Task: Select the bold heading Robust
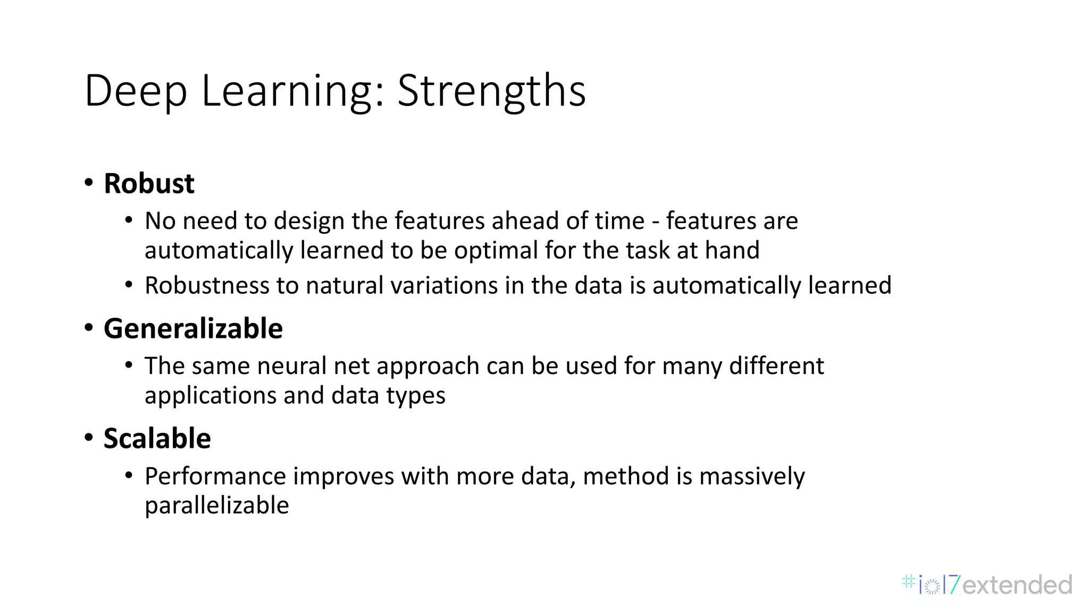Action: point(149,184)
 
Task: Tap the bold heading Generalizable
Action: point(193,328)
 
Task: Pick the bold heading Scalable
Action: point(157,439)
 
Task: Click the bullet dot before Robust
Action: point(89,183)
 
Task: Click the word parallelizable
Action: point(216,505)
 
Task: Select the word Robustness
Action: point(206,285)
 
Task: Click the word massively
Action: point(752,476)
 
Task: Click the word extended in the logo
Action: point(1017,585)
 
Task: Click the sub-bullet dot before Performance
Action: point(129,475)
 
